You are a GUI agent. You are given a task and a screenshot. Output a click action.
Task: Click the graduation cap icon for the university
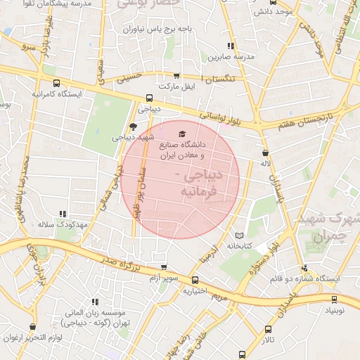[182, 134]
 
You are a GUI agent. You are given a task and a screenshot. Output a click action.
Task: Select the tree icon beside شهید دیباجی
[134, 127]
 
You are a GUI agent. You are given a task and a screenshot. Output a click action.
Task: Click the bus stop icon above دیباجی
[148, 98]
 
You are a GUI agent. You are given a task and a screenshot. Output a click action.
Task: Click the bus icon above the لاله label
[265, 152]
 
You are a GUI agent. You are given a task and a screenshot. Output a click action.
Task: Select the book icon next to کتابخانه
[239, 235]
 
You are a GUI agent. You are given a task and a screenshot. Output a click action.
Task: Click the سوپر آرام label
[162, 278]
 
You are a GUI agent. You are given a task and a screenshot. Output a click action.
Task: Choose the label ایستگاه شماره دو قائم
[305, 278]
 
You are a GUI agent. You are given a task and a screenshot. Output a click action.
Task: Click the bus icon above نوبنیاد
[334, 299]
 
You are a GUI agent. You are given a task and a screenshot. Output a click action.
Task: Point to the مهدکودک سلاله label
[62, 224]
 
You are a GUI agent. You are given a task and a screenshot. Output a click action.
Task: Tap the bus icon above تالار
[268, 329]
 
